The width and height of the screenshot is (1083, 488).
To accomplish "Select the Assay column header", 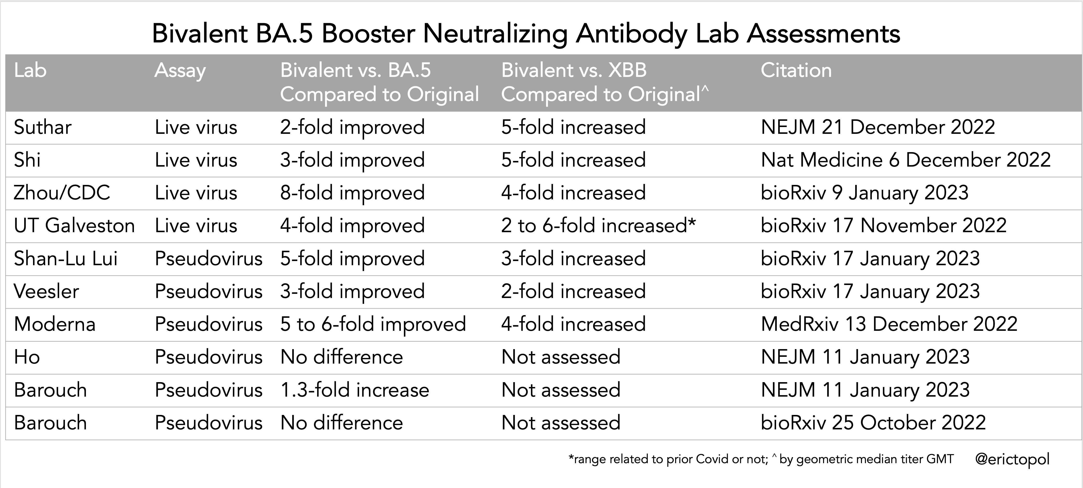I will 180,71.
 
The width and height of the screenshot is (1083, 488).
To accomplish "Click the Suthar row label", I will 42,127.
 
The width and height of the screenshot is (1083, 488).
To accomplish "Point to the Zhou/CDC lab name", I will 62,193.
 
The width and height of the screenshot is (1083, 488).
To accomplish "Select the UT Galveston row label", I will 74,225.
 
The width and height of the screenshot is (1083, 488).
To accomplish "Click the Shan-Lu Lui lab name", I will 66,258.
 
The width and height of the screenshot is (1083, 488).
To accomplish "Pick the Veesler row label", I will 46,291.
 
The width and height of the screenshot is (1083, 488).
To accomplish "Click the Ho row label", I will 27,357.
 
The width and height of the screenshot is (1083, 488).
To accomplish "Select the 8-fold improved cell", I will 352,193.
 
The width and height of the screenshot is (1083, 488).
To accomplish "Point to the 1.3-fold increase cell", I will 354,390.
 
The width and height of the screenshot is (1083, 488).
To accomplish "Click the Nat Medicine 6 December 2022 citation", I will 906,160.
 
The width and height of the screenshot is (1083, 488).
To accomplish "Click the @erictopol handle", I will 1012,459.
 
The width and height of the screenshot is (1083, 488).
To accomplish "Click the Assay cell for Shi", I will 196,160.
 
